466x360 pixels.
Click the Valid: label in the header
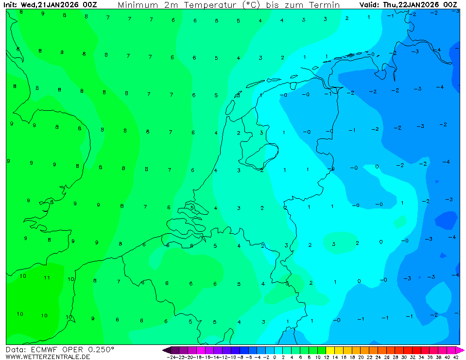click(369, 5)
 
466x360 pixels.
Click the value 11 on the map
click(47, 278)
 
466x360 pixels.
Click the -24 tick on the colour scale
click(171, 357)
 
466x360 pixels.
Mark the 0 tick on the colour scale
click(275, 357)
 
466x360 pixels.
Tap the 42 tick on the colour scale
click(456, 357)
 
